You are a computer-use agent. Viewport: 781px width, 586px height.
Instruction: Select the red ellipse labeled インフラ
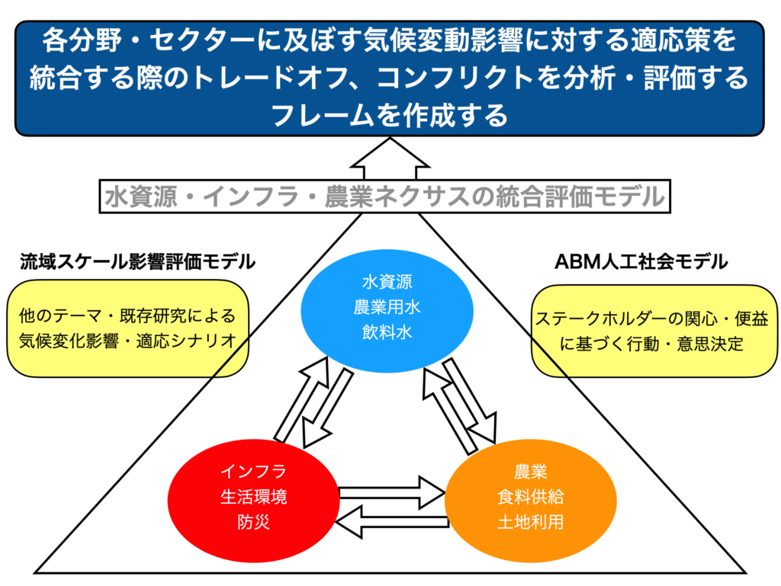tap(252, 496)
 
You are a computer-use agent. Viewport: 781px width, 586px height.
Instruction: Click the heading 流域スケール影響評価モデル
tap(137, 261)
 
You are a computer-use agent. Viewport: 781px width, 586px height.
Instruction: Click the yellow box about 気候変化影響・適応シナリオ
tap(127, 328)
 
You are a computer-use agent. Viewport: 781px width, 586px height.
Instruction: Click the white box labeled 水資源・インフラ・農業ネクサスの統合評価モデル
tap(384, 197)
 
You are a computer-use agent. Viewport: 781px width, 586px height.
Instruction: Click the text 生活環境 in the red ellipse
tap(252, 497)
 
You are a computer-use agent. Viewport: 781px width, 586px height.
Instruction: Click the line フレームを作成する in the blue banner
tap(389, 116)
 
